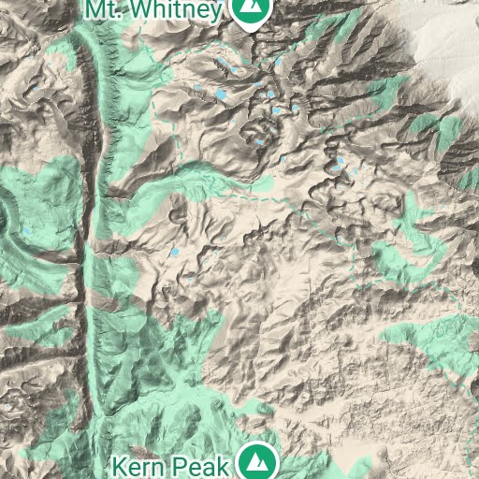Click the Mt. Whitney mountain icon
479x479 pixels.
(x=249, y=10)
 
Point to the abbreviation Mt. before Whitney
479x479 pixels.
(x=105, y=9)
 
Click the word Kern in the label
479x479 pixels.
(x=135, y=464)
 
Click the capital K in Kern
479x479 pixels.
(x=119, y=464)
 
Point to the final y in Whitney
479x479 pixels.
(x=217, y=11)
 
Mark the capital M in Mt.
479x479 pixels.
(x=96, y=9)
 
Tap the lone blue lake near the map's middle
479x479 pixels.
(x=174, y=252)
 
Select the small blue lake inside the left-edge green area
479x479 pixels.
(x=26, y=228)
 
